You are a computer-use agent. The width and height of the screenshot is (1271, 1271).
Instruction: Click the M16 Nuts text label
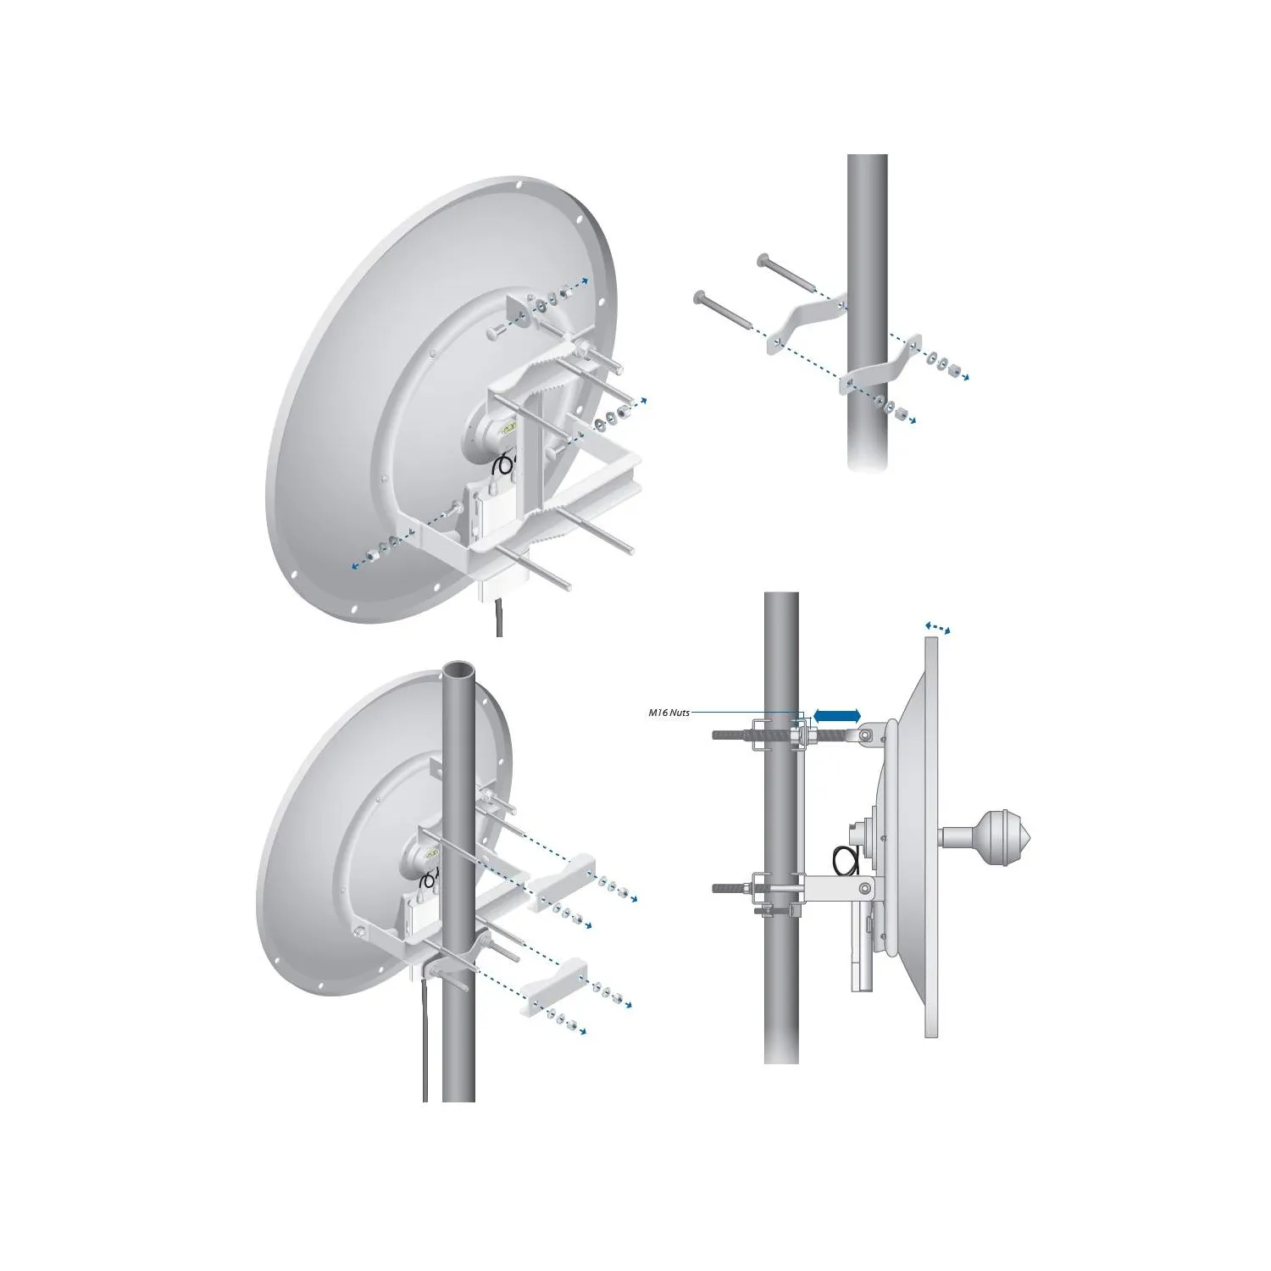669,713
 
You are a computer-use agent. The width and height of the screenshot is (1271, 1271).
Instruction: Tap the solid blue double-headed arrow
836,716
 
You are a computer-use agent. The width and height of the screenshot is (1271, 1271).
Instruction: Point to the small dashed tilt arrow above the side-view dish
937,627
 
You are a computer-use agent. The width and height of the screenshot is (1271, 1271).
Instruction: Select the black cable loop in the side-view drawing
846,861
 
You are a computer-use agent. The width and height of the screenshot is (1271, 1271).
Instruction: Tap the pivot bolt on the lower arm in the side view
863,888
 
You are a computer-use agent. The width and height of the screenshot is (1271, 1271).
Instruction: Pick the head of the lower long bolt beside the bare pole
700,296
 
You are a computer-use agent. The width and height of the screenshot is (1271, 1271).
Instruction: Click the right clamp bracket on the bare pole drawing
881,363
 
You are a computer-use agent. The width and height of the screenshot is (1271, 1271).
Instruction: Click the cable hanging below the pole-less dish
497,619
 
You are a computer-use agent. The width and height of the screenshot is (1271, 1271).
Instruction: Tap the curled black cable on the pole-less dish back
504,464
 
